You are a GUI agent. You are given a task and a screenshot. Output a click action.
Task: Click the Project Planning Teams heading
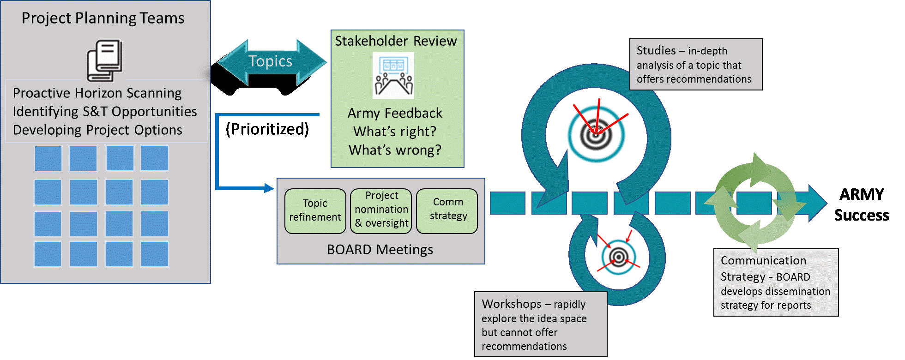(x=103, y=18)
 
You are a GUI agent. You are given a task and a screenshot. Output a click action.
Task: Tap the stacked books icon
(x=105, y=60)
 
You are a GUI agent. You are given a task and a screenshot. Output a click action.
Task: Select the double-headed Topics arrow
(x=271, y=62)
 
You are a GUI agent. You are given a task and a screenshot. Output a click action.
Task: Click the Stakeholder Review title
(x=396, y=41)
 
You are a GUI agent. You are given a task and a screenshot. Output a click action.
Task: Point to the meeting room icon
(x=393, y=75)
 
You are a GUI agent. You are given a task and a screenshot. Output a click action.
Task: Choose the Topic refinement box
(x=315, y=211)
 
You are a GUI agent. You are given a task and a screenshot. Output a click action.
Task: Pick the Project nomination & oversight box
(x=381, y=210)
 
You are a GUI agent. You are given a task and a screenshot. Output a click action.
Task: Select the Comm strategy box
(x=447, y=210)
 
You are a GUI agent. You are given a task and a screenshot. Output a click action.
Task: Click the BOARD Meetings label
(x=380, y=250)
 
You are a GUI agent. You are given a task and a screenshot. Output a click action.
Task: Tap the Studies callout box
(x=695, y=65)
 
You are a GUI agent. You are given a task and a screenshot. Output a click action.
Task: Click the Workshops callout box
(x=540, y=324)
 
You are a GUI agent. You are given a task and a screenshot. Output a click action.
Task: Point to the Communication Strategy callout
(x=776, y=282)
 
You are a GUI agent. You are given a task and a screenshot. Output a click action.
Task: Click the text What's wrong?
(x=395, y=150)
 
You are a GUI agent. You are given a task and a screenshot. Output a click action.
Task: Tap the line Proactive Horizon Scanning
(x=97, y=93)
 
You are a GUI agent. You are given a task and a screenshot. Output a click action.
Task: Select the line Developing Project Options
(x=97, y=130)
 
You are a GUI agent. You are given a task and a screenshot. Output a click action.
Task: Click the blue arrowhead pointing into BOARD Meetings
(x=269, y=188)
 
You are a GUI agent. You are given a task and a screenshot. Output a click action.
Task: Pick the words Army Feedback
(x=395, y=114)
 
